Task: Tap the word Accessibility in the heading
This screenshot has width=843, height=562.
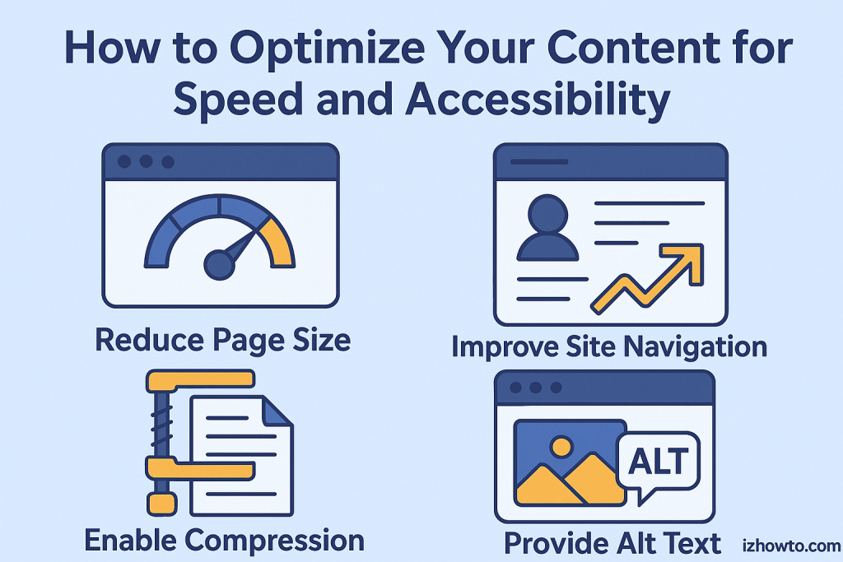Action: click(538, 100)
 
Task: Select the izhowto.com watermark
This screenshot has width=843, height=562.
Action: click(791, 546)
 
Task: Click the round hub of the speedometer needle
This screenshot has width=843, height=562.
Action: click(219, 265)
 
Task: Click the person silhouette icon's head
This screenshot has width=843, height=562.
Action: click(547, 214)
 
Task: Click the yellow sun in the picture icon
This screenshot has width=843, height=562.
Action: click(561, 447)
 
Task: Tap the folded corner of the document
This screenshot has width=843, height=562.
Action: click(278, 412)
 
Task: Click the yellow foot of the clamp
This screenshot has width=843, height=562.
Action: click(162, 504)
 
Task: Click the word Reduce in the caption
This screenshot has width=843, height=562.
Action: click(150, 340)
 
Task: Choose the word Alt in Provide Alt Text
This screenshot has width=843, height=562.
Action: click(638, 543)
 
